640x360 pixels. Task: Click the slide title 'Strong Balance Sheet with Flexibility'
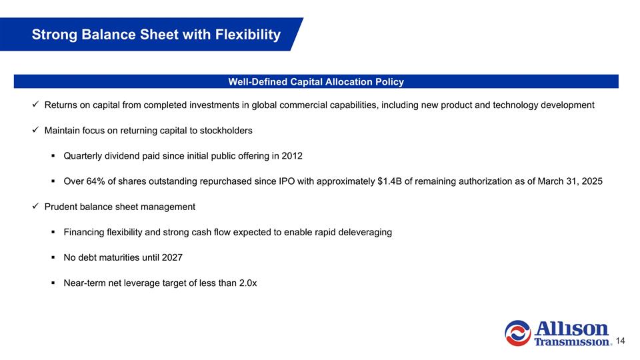[156, 35]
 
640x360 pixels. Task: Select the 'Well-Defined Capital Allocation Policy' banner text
[316, 82]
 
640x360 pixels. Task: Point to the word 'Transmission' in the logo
[573, 342]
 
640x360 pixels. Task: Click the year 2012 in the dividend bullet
[291, 156]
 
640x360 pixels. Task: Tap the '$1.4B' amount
[388, 181]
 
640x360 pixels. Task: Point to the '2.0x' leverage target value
[243, 283]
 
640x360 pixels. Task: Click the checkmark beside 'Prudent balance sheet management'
[35, 207]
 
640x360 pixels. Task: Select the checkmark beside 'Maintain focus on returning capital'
[35, 131]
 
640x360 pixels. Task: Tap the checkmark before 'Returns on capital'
[35, 105]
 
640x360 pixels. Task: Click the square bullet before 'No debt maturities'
[53, 257]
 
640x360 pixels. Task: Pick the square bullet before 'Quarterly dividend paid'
[53, 156]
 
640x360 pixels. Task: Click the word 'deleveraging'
[364, 232]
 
